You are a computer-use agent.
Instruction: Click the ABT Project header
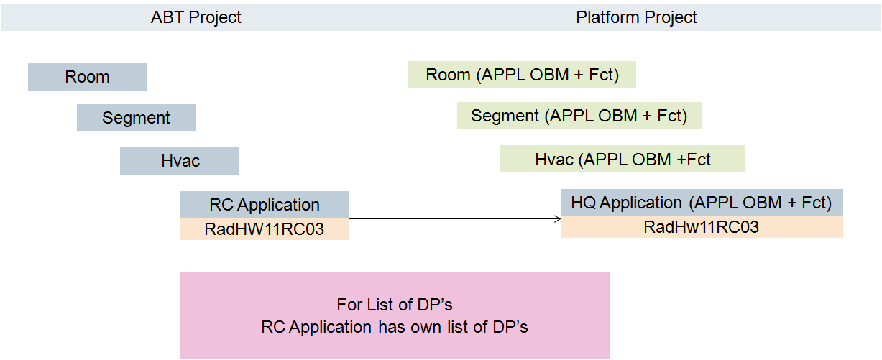click(196, 17)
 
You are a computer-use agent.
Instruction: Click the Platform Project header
click(636, 17)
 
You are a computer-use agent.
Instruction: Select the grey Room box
click(88, 77)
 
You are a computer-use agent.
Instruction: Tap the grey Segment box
click(137, 118)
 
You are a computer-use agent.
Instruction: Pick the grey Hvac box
click(180, 161)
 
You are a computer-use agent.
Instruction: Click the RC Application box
click(264, 205)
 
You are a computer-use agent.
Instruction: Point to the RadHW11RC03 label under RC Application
click(264, 229)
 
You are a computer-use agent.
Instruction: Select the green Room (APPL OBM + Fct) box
click(522, 75)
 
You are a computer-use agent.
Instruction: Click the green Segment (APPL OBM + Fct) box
click(579, 116)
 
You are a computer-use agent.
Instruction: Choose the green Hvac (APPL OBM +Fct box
click(623, 159)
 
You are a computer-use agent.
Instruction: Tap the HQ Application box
click(701, 203)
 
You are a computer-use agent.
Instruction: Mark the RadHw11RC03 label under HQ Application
click(701, 228)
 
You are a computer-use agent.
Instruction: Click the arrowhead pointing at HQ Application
click(557, 218)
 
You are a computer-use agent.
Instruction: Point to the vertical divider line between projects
click(392, 144)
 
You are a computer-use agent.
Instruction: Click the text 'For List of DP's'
click(394, 305)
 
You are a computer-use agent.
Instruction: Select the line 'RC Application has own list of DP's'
click(394, 327)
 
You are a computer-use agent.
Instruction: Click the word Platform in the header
click(605, 17)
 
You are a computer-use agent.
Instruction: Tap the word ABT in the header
click(165, 17)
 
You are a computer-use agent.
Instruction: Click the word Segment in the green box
click(505, 116)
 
